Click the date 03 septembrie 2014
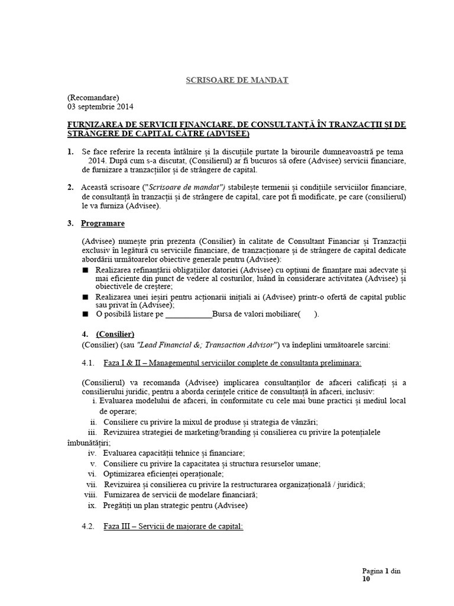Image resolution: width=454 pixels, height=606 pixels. click(x=100, y=107)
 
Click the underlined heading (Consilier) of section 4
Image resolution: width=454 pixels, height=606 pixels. click(x=115, y=333)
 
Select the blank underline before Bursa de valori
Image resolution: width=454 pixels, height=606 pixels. click(x=189, y=314)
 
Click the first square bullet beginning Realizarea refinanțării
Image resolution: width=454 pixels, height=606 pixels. click(x=86, y=269)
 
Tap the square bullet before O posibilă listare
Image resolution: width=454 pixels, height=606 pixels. click(x=86, y=314)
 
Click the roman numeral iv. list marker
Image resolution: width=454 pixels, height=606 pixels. click(x=92, y=453)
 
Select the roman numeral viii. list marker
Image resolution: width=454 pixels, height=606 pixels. click(x=90, y=495)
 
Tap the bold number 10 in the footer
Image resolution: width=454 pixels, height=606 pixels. click(x=367, y=580)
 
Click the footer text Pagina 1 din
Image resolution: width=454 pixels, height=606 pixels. click(x=381, y=571)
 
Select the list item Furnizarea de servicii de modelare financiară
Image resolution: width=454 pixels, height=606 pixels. click(x=181, y=495)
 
